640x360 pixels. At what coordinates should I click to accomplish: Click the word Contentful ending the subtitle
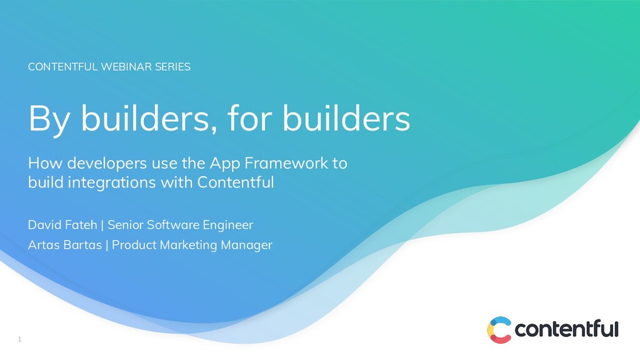pos(236,183)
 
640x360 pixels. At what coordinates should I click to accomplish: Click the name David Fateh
pos(62,224)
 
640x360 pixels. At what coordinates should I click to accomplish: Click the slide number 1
pos(19,339)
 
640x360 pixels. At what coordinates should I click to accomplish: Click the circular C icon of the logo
pos(499,329)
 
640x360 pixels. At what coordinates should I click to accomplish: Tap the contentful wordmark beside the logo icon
pos(566,329)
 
